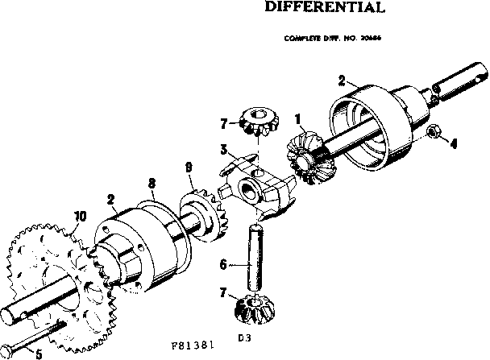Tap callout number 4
453,145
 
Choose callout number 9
188,168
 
